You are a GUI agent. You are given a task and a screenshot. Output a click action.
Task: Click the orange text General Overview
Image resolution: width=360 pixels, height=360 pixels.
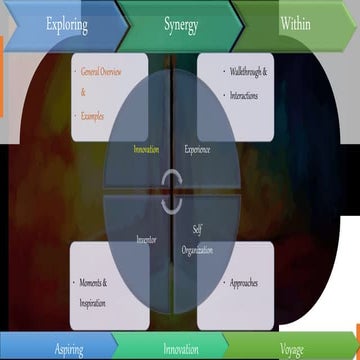(111, 73)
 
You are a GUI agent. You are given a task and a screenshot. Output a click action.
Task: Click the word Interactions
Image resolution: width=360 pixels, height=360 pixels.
(241, 87)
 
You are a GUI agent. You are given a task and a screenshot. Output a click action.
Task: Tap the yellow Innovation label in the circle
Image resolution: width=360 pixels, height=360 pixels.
(146, 149)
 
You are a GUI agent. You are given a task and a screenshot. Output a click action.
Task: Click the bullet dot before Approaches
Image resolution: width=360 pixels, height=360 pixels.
(211, 283)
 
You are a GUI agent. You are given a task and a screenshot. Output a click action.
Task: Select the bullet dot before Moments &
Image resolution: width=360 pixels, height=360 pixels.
(76, 283)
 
